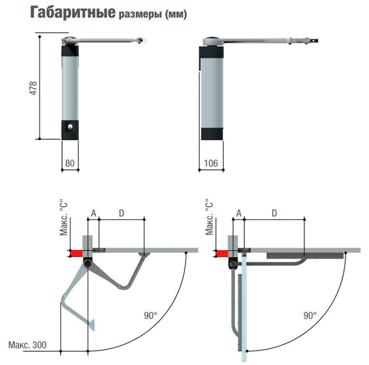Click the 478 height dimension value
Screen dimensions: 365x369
(x=33, y=88)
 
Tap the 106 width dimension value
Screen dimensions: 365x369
(x=211, y=163)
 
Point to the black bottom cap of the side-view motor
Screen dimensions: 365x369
(x=211, y=132)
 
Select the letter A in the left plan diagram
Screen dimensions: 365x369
(x=92, y=213)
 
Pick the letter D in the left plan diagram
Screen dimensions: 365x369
(x=121, y=213)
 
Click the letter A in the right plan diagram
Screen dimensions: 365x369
(x=238, y=213)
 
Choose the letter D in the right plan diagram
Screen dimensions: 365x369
(x=274, y=213)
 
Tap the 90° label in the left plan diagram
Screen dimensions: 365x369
(x=151, y=315)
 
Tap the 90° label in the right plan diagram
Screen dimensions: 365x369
(x=310, y=315)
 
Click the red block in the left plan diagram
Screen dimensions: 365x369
(x=75, y=253)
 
